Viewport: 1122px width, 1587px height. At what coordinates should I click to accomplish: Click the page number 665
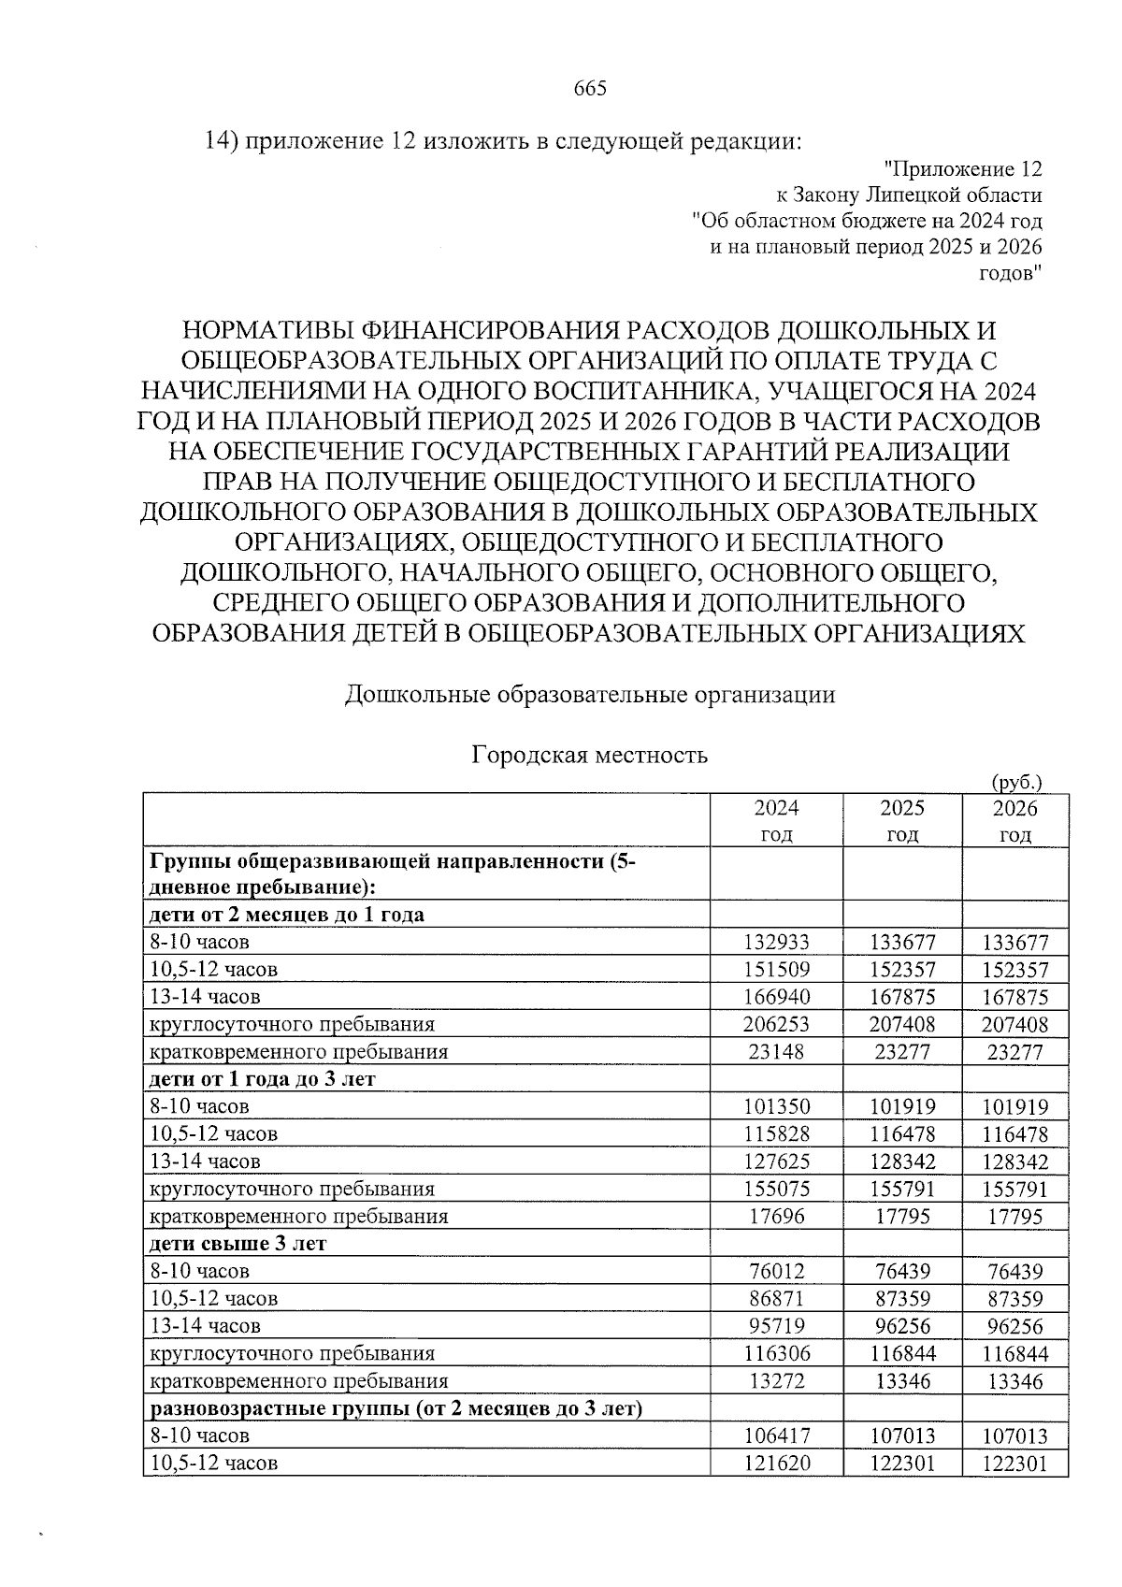click(x=590, y=89)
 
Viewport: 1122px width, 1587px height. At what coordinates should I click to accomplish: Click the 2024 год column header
click(x=776, y=820)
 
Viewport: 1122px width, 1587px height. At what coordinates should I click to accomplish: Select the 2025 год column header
click(x=902, y=820)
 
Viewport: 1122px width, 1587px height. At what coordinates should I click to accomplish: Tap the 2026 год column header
click(x=1014, y=820)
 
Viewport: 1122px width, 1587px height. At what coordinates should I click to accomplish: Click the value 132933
click(x=776, y=943)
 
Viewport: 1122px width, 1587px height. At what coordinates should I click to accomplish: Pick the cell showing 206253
click(x=776, y=1025)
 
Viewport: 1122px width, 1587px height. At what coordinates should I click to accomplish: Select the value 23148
click(x=776, y=1052)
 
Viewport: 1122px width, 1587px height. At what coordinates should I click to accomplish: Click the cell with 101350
click(x=776, y=1107)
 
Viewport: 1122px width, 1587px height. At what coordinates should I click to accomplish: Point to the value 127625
click(x=776, y=1162)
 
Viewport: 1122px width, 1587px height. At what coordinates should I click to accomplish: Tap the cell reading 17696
click(x=776, y=1218)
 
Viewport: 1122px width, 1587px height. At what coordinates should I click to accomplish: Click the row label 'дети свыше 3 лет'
click(x=238, y=1245)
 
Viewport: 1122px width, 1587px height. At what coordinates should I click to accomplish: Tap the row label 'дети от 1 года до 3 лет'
click(x=263, y=1079)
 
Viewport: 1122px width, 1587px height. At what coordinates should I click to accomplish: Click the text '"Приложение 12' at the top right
click(x=962, y=169)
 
